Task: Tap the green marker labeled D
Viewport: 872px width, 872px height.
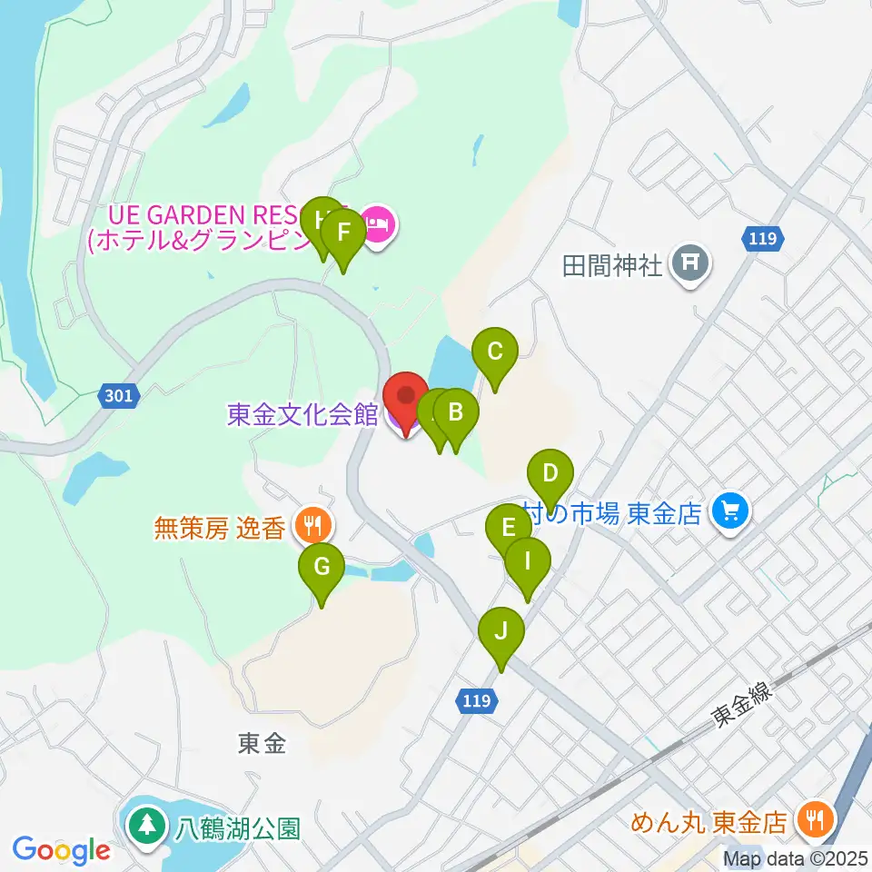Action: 550,474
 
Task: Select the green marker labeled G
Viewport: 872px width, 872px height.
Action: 322,568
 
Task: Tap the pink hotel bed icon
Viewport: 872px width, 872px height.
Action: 377,221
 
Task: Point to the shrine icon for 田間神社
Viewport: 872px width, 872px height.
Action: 690,264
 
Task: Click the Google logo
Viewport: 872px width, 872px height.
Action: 62,850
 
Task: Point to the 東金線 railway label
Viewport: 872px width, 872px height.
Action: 741,705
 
